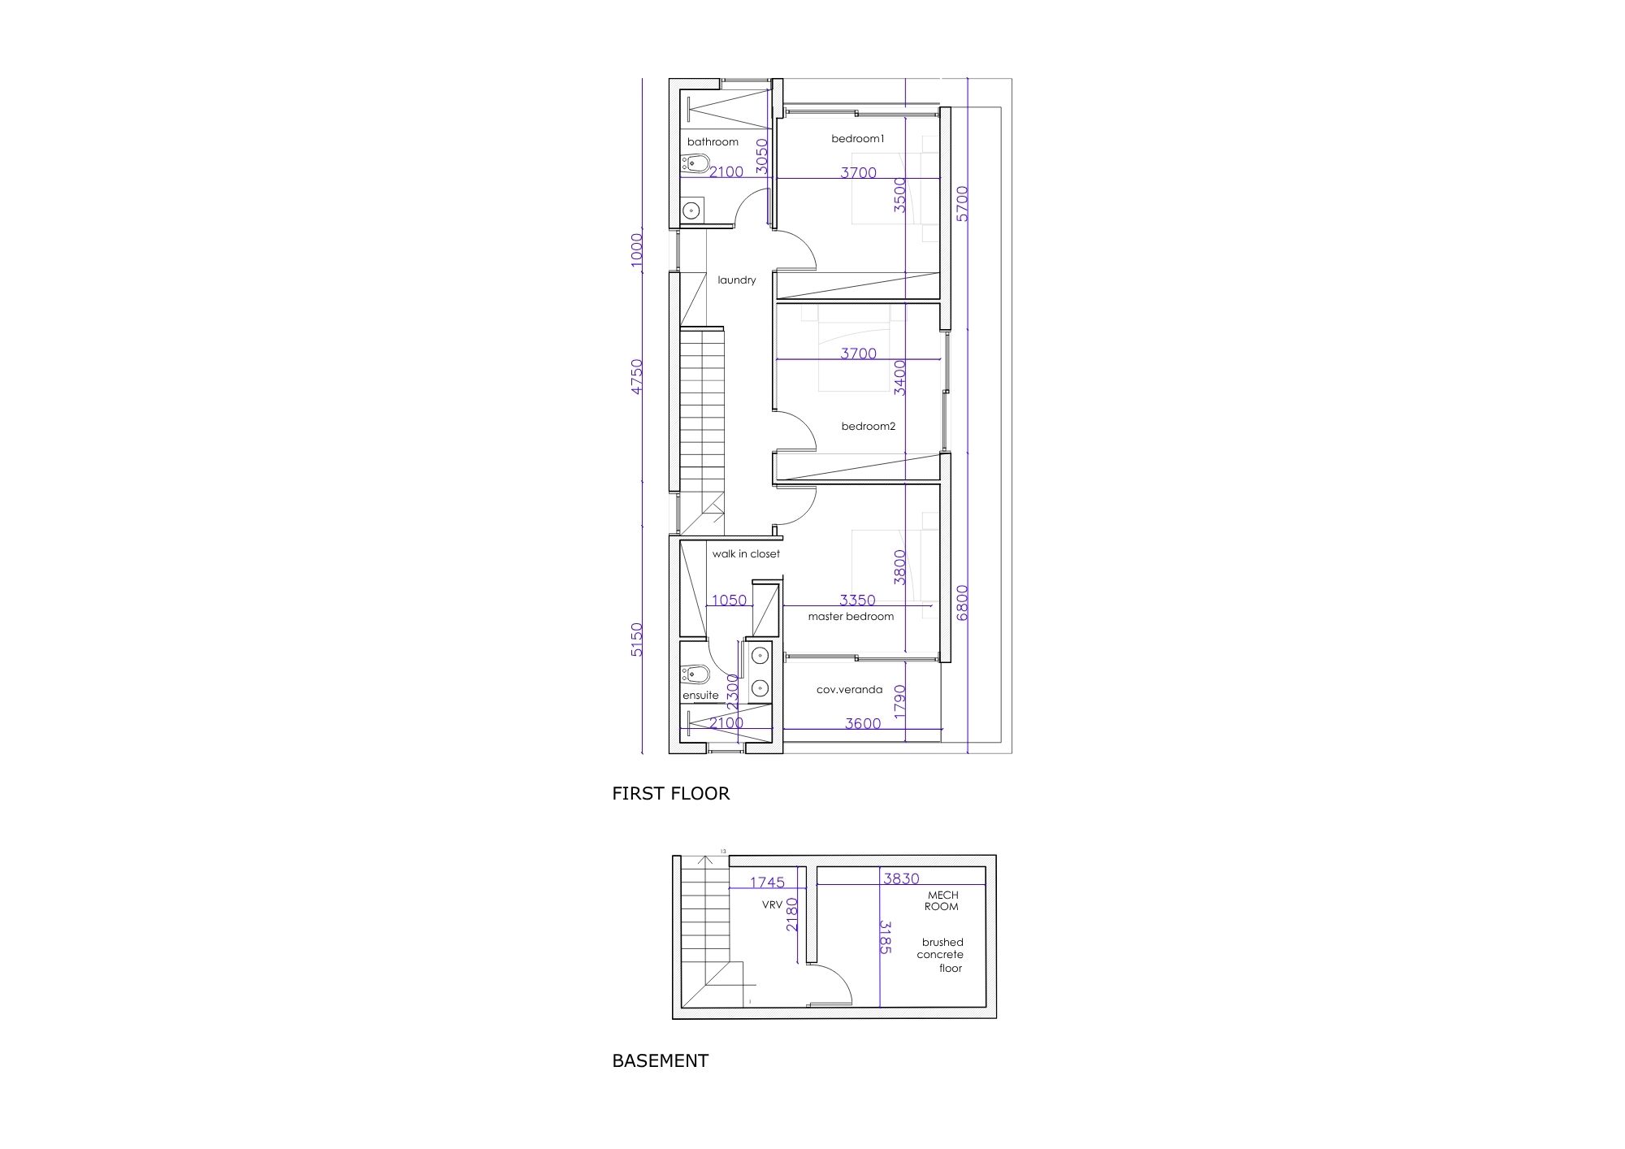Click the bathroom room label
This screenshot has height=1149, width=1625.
713,142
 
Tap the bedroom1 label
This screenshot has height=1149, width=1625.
857,139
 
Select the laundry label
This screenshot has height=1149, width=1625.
737,280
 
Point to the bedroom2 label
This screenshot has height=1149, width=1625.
868,426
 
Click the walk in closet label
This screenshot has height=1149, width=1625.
746,554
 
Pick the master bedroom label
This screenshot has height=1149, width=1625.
851,617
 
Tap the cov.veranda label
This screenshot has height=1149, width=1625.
849,690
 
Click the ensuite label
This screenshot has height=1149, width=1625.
700,696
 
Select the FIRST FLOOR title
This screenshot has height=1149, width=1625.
671,793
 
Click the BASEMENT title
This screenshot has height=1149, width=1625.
661,1060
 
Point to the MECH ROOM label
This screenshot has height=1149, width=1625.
942,900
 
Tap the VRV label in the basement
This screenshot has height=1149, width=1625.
772,904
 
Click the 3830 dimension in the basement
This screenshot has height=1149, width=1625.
901,878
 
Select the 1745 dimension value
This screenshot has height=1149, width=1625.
767,882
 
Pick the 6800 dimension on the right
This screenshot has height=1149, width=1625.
963,603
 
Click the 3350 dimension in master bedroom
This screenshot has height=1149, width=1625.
857,601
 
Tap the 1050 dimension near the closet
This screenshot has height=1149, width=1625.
729,601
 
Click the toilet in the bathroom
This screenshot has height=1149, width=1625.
695,167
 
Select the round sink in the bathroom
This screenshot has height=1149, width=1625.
691,210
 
